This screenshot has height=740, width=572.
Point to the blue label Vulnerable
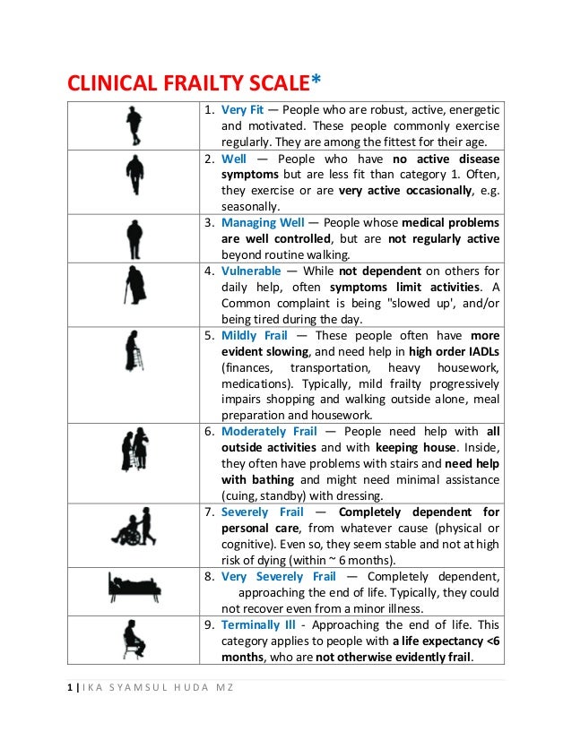(252, 271)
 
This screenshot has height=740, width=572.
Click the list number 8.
(205, 576)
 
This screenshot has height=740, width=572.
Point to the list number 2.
(205, 159)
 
